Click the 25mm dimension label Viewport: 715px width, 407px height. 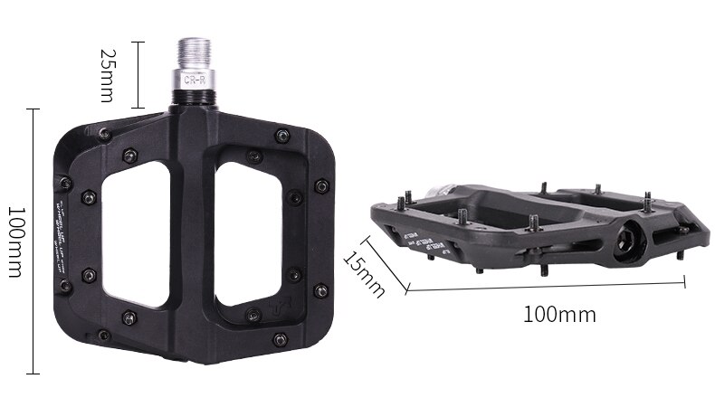point(107,75)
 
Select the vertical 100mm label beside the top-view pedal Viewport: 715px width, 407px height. point(15,241)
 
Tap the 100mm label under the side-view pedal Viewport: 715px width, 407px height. point(559,315)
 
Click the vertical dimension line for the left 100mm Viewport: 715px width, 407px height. point(34,241)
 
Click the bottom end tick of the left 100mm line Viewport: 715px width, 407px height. point(34,373)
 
